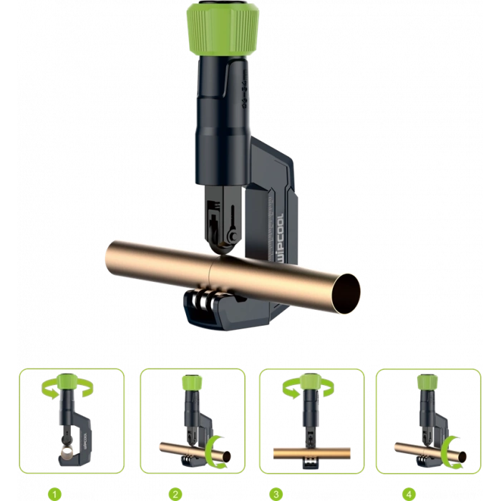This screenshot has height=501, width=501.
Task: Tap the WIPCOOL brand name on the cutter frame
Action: pos(281,226)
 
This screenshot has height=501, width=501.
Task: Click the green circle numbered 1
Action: pos(53,494)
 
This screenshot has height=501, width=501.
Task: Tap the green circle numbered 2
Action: pos(174,494)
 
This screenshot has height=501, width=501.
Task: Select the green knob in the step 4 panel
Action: pos(427,384)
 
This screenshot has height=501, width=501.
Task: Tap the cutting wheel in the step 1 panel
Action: pos(65,452)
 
